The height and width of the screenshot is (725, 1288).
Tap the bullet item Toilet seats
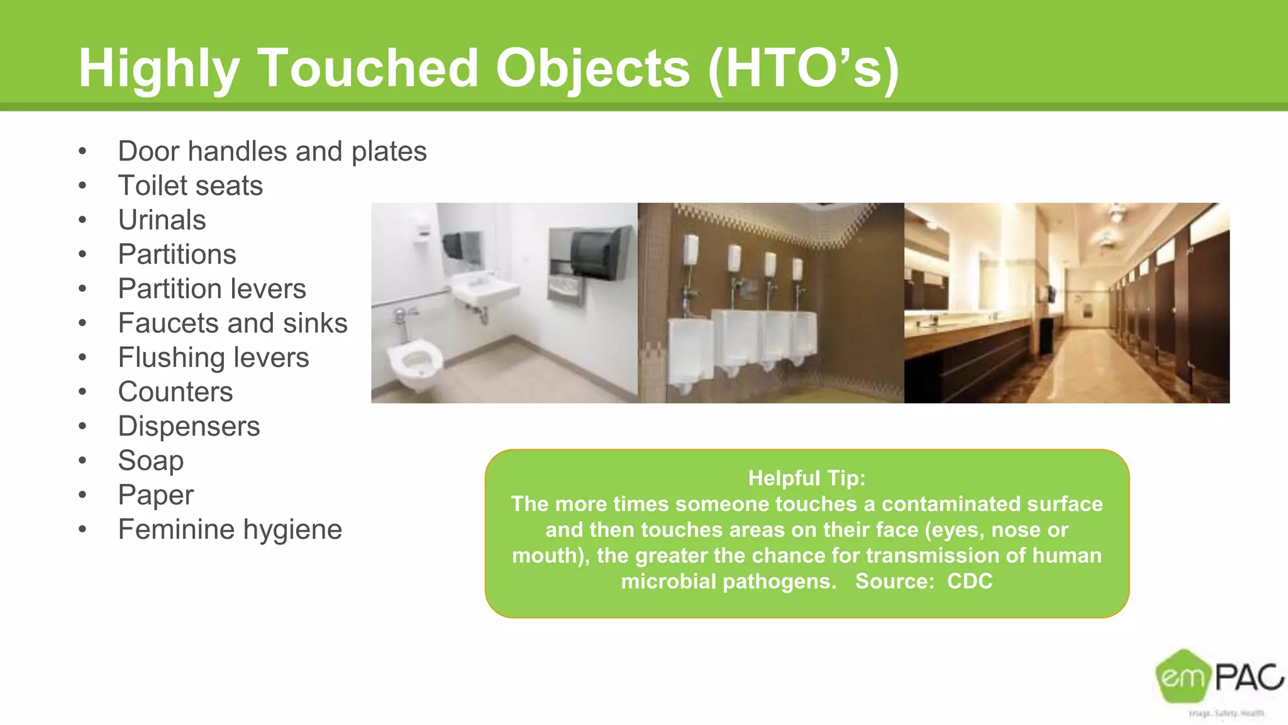click(x=190, y=186)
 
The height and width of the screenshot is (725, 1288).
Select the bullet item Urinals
click(x=162, y=220)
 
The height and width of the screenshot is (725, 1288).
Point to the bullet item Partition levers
click(x=211, y=289)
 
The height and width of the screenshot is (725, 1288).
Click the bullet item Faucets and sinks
click(x=232, y=323)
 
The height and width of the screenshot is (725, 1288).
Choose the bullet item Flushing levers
click(x=213, y=357)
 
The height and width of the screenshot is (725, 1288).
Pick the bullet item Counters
click(x=175, y=392)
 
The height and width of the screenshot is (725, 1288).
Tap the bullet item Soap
click(x=150, y=461)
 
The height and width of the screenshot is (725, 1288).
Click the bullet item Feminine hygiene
click(x=230, y=529)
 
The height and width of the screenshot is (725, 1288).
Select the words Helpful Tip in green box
click(x=806, y=478)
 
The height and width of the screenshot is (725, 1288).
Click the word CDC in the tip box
click(x=969, y=581)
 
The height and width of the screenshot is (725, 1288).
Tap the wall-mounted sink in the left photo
click(x=484, y=291)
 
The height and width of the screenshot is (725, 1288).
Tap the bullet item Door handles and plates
click(x=272, y=152)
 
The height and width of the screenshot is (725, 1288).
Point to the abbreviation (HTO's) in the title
click(x=803, y=68)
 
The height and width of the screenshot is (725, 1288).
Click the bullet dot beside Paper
click(x=82, y=495)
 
